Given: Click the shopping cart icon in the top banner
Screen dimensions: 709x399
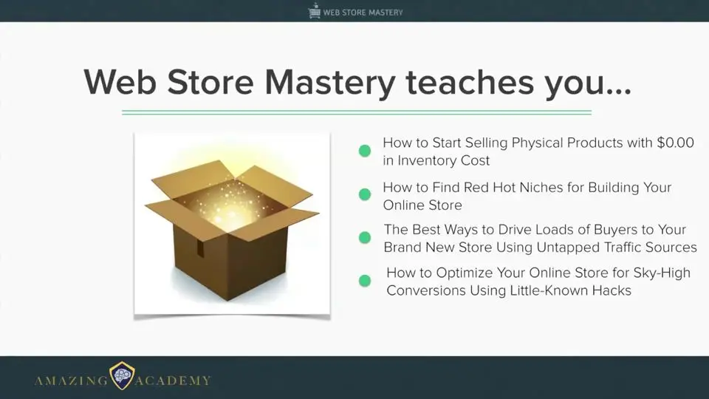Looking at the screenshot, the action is [x=314, y=11].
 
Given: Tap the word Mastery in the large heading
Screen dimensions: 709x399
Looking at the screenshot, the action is [x=329, y=83].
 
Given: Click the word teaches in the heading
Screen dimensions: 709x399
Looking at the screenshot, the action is [x=470, y=82].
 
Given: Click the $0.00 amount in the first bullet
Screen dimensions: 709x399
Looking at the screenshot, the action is [x=676, y=143].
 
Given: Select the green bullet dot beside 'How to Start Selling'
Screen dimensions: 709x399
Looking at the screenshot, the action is [x=365, y=151].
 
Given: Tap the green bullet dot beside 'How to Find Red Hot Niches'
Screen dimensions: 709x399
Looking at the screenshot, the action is [x=365, y=194].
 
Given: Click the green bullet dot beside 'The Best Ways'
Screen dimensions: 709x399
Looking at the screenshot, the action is [x=365, y=237].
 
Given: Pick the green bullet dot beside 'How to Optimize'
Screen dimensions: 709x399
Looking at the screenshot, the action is [x=365, y=281].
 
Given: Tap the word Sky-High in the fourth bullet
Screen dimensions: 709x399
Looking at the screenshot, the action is [x=662, y=273].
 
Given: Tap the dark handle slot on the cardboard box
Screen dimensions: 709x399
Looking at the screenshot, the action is [x=199, y=248].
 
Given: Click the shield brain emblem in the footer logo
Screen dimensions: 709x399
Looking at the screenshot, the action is [x=122, y=375].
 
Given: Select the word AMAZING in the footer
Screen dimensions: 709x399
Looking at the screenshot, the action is [x=72, y=381].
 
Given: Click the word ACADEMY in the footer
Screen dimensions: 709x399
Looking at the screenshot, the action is [x=173, y=381].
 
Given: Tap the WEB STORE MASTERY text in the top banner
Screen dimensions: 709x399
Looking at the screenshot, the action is [x=363, y=13].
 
